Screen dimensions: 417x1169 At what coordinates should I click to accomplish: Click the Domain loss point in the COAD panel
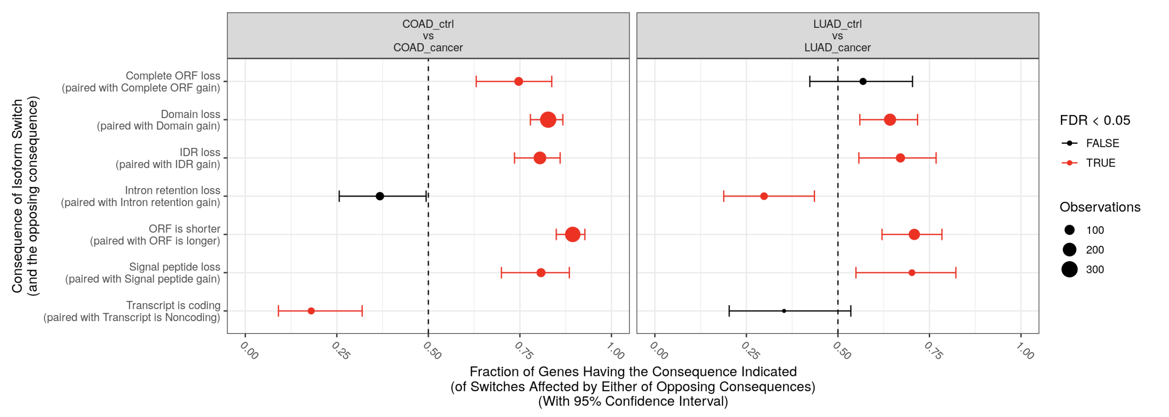(x=548, y=120)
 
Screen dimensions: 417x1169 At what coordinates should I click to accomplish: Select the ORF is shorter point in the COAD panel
(x=572, y=235)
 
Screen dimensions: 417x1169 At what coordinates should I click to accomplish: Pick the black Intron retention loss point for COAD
(x=380, y=196)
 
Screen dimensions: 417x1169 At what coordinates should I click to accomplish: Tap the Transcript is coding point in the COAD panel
(x=311, y=311)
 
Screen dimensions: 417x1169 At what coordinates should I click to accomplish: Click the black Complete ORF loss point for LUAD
(x=863, y=82)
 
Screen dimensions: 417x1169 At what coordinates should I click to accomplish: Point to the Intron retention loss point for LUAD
(x=764, y=196)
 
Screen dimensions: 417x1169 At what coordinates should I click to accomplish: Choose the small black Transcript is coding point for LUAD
(x=784, y=311)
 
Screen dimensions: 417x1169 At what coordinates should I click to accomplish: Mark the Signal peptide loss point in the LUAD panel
(x=912, y=273)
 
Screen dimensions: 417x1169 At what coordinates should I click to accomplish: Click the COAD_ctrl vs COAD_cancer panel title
(x=428, y=36)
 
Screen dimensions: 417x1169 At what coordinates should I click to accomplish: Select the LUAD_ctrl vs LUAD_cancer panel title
(x=837, y=36)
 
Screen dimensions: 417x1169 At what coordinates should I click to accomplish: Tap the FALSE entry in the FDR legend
(x=1102, y=143)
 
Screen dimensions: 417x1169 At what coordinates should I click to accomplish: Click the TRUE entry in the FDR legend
(x=1100, y=163)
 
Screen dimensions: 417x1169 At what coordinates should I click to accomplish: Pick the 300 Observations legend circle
(x=1069, y=270)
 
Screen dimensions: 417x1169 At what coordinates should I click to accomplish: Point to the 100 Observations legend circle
(x=1069, y=230)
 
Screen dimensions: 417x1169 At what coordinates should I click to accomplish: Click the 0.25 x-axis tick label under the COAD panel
(x=341, y=351)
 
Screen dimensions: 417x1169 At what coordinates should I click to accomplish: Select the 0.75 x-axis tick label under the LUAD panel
(x=933, y=351)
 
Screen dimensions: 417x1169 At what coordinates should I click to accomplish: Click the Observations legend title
(x=1100, y=207)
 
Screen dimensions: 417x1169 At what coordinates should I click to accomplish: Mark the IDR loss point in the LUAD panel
(x=900, y=158)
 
